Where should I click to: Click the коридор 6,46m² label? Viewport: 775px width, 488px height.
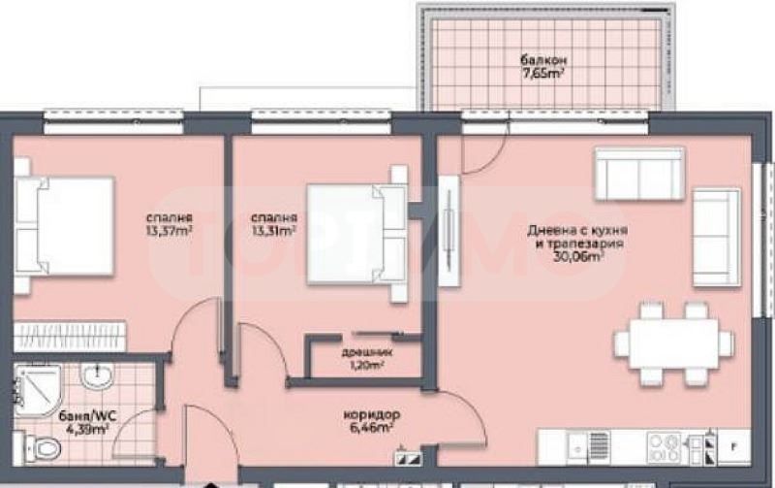coord(371,421)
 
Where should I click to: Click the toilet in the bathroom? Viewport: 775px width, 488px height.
coord(44,447)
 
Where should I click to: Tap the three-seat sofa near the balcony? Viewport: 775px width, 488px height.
coord(639,174)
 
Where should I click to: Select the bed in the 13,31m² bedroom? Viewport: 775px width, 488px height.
coord(355,233)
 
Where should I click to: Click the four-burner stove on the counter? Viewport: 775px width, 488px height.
coord(665,447)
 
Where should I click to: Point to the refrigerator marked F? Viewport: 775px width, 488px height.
coord(732,447)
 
